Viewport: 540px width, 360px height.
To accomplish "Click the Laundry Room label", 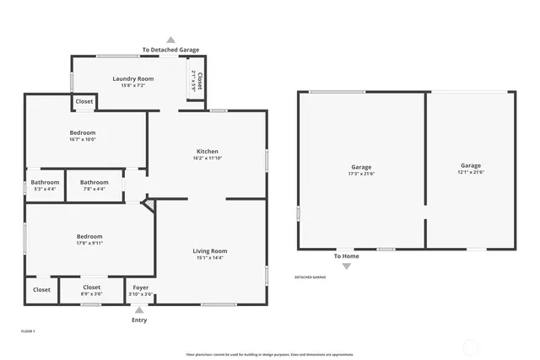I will [132, 79].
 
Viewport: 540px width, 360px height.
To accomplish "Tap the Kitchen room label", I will [207, 152].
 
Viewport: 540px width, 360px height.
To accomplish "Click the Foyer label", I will [141, 287].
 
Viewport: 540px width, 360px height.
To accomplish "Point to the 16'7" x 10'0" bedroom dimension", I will [82, 140].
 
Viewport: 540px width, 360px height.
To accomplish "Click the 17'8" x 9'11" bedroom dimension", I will [89, 244].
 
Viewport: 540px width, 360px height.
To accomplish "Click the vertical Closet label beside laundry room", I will [197, 80].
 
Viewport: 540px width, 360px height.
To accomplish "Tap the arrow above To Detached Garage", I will [170, 40].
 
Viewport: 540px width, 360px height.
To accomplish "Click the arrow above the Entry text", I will [139, 310].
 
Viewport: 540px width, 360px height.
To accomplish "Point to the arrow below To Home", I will [346, 266].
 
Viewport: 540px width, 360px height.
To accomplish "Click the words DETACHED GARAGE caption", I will [310, 277].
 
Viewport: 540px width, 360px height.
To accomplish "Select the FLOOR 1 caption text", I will [28, 331].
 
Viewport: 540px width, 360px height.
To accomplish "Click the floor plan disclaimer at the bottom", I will [269, 354].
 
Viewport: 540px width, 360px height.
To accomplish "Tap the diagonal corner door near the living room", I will [148, 206].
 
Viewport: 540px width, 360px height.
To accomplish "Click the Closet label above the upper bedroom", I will [84, 101].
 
